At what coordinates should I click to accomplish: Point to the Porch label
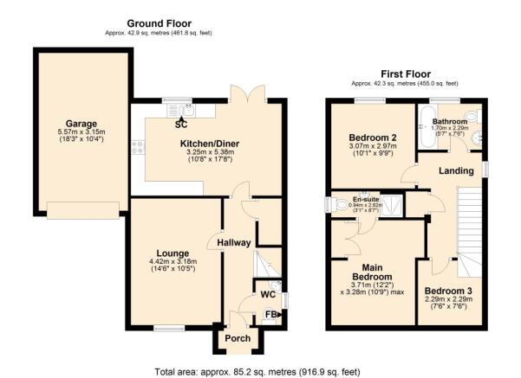tap(237, 338)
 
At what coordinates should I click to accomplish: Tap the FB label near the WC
tap(270, 315)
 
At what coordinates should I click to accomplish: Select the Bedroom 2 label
tap(372, 138)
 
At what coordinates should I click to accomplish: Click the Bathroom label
tap(450, 122)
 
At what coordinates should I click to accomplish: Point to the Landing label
tap(456, 170)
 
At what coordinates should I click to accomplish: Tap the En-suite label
tap(365, 200)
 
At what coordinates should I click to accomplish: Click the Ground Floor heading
tap(159, 22)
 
